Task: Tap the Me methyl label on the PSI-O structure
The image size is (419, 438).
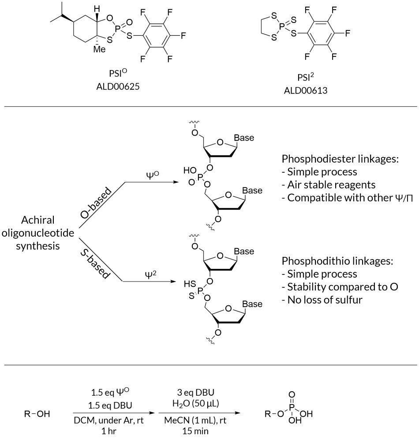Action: click(101, 49)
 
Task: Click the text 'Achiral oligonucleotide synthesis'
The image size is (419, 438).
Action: click(37, 233)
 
